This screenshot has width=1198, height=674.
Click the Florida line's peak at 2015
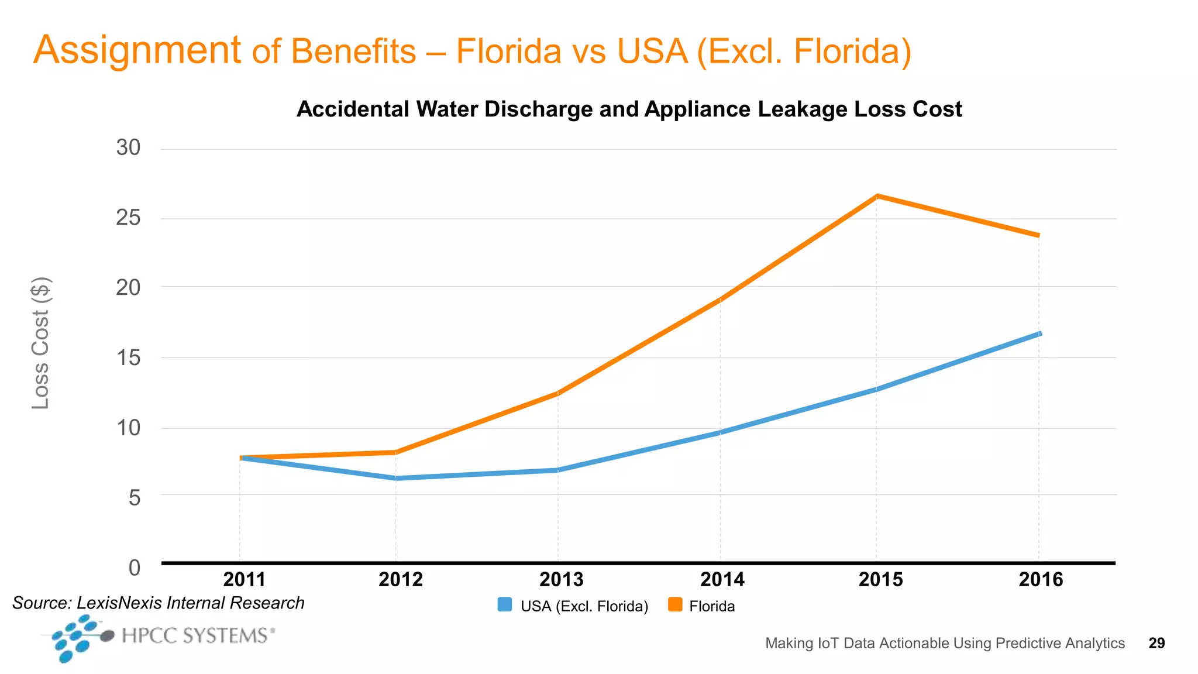pyautogui.click(x=876, y=197)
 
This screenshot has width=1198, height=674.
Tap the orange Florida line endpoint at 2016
pyautogui.click(x=1038, y=235)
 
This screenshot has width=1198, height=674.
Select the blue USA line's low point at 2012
pyautogui.click(x=396, y=478)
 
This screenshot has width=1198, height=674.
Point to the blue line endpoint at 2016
pyautogui.click(x=1039, y=333)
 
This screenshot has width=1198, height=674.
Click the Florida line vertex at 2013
pyautogui.click(x=557, y=393)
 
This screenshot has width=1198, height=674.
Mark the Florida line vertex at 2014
pyautogui.click(x=720, y=299)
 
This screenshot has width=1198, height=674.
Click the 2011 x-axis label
pyautogui.click(x=245, y=580)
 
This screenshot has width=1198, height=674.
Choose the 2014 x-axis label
pyautogui.click(x=722, y=580)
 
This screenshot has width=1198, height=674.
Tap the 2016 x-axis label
pyautogui.click(x=1041, y=580)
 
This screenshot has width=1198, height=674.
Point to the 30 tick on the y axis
pyautogui.click(x=128, y=148)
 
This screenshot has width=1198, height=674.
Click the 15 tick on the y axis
pyautogui.click(x=128, y=358)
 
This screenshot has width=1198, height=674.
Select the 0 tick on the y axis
pyautogui.click(x=135, y=568)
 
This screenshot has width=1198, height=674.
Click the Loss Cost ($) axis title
pyautogui.click(x=41, y=343)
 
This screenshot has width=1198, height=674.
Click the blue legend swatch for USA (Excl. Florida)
pyautogui.click(x=504, y=605)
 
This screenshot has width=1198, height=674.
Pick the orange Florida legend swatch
pyautogui.click(x=675, y=605)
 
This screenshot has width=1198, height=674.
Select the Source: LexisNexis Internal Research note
pyautogui.click(x=159, y=603)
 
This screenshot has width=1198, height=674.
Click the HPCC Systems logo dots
pyautogui.click(x=76, y=638)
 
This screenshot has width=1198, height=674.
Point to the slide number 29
pyautogui.click(x=1156, y=644)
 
